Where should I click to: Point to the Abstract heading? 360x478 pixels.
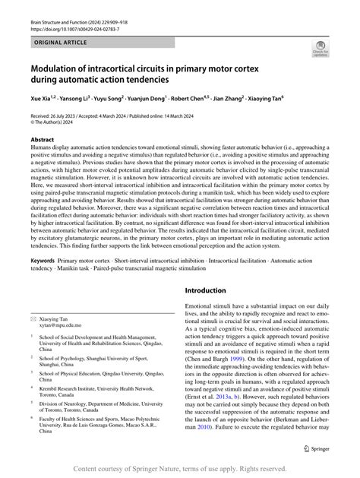[x=42, y=141]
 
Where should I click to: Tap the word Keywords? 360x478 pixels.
[x=42, y=260]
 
